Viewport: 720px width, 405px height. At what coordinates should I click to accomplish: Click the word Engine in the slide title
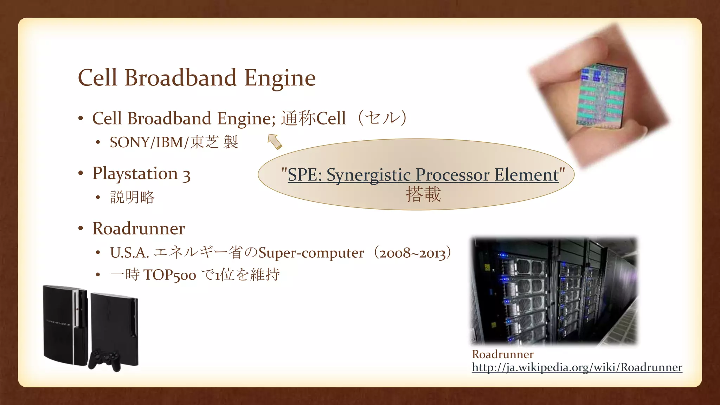tap(279, 78)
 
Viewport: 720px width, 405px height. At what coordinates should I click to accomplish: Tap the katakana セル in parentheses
tap(382, 118)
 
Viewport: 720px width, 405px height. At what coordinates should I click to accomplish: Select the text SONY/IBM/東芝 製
tap(174, 142)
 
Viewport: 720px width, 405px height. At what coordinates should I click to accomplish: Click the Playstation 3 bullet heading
tap(141, 174)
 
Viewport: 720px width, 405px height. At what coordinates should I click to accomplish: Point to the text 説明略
tap(133, 197)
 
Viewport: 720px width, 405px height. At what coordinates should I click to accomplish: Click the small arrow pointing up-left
tap(275, 142)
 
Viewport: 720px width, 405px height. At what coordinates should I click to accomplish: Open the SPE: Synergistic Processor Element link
tap(423, 175)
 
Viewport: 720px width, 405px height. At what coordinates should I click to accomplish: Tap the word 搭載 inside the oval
tap(423, 194)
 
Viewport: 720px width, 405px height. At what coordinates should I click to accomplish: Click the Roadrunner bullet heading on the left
tap(139, 229)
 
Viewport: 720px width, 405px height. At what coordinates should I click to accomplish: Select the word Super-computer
tap(311, 253)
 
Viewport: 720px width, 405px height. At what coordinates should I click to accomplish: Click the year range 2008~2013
tap(412, 253)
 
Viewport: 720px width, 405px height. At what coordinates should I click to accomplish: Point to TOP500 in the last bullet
tap(169, 275)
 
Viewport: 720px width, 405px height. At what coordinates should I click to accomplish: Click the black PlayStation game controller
tap(104, 359)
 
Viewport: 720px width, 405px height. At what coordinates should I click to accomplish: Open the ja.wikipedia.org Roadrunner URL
tap(577, 367)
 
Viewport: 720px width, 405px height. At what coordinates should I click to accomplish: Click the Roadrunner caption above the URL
tap(502, 354)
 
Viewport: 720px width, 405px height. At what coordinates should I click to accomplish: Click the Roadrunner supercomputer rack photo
tap(554, 290)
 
